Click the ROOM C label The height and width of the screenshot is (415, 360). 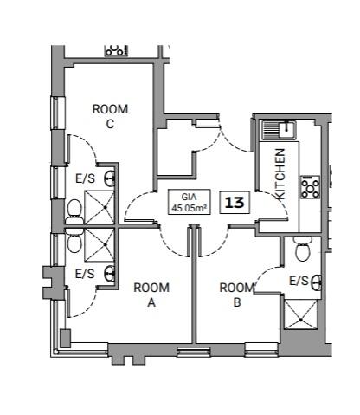[110, 116]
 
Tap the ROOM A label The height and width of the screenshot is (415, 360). [151, 295]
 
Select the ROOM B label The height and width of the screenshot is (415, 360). [236, 295]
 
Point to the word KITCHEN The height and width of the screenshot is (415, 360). [280, 174]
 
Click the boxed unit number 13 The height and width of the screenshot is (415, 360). [234, 202]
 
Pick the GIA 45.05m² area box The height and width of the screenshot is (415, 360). [189, 202]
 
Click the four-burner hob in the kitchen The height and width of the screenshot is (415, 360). [310, 185]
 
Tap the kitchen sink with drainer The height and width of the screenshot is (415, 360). [279, 131]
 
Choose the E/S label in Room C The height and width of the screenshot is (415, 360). [85, 179]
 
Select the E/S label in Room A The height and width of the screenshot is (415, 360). [85, 274]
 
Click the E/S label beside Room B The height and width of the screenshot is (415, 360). [298, 281]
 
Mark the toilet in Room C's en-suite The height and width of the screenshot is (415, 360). [74, 208]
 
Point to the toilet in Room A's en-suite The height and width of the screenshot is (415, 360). [74, 239]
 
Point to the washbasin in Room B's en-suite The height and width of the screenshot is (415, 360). [317, 282]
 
